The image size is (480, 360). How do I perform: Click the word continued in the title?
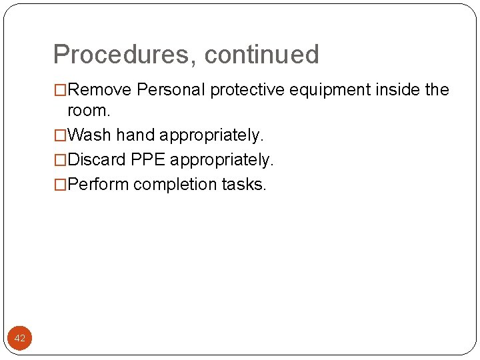pos(262,55)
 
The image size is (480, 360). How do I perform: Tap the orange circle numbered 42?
pos(20,339)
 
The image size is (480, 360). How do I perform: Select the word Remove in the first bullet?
pos(100,90)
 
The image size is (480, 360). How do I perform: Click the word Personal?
pos(171,90)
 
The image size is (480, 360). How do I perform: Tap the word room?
pos(89,111)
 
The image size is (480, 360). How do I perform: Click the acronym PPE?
pos(149,160)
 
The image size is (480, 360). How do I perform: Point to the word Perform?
pos(99,185)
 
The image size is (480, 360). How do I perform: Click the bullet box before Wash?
pos(61,135)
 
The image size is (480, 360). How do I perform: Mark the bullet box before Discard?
pos(61,160)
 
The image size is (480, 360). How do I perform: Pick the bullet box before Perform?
pos(61,185)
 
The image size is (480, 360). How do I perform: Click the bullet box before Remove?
pos(61,90)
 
